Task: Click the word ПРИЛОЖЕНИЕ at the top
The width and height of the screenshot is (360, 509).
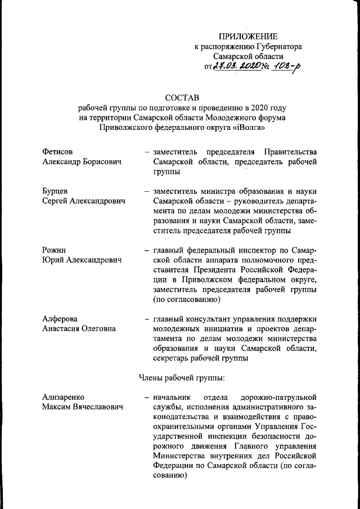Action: [x=244, y=36]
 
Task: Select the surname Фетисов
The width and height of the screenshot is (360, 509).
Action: [x=58, y=152]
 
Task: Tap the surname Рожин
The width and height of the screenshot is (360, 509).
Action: [x=55, y=250]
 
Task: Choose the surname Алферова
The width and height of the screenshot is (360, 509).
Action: [x=60, y=319]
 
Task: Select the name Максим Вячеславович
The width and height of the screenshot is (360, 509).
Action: [x=83, y=407]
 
